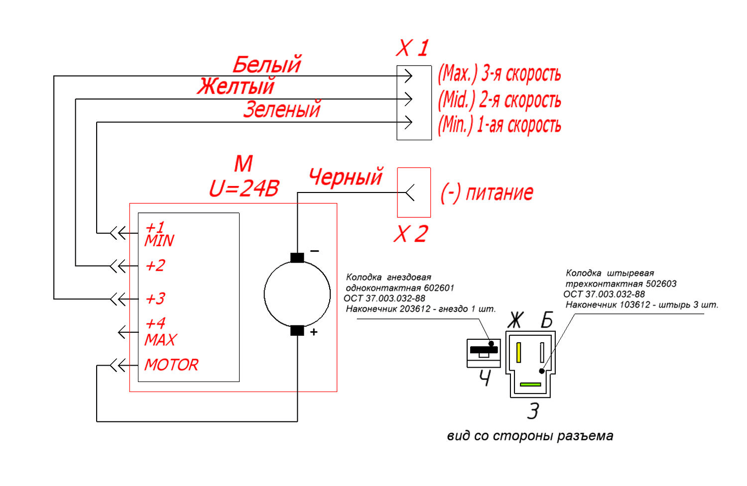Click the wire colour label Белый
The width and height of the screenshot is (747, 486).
pos(267,64)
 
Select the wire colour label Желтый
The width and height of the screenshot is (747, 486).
pos(236,86)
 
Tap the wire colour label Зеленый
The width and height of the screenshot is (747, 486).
pos(282,109)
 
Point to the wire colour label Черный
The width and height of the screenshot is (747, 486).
pos(346,177)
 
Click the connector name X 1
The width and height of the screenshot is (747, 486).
pos(412,48)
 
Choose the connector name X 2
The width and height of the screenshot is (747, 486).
pos(411,234)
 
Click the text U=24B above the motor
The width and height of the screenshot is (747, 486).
pos(244,189)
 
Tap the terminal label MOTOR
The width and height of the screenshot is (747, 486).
pos(171,365)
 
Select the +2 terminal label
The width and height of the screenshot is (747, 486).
pos(155,266)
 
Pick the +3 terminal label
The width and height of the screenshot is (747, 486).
pos(155,298)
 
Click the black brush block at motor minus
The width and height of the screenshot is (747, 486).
pos(297,258)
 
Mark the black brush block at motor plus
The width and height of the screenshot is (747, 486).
pos(297,331)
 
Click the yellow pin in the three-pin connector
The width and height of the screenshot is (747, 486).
pos(518,352)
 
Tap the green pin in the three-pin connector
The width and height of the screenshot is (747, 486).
pos(530,385)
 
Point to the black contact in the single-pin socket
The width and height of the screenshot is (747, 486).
pos(484,350)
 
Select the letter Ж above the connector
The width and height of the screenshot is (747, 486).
pos(515,320)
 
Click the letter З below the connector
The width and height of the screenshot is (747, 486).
pos(533,411)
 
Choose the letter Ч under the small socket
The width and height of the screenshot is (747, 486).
pos(485,378)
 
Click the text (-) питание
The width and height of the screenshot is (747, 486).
pos(487,193)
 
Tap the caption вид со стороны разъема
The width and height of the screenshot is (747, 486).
pos(530,436)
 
